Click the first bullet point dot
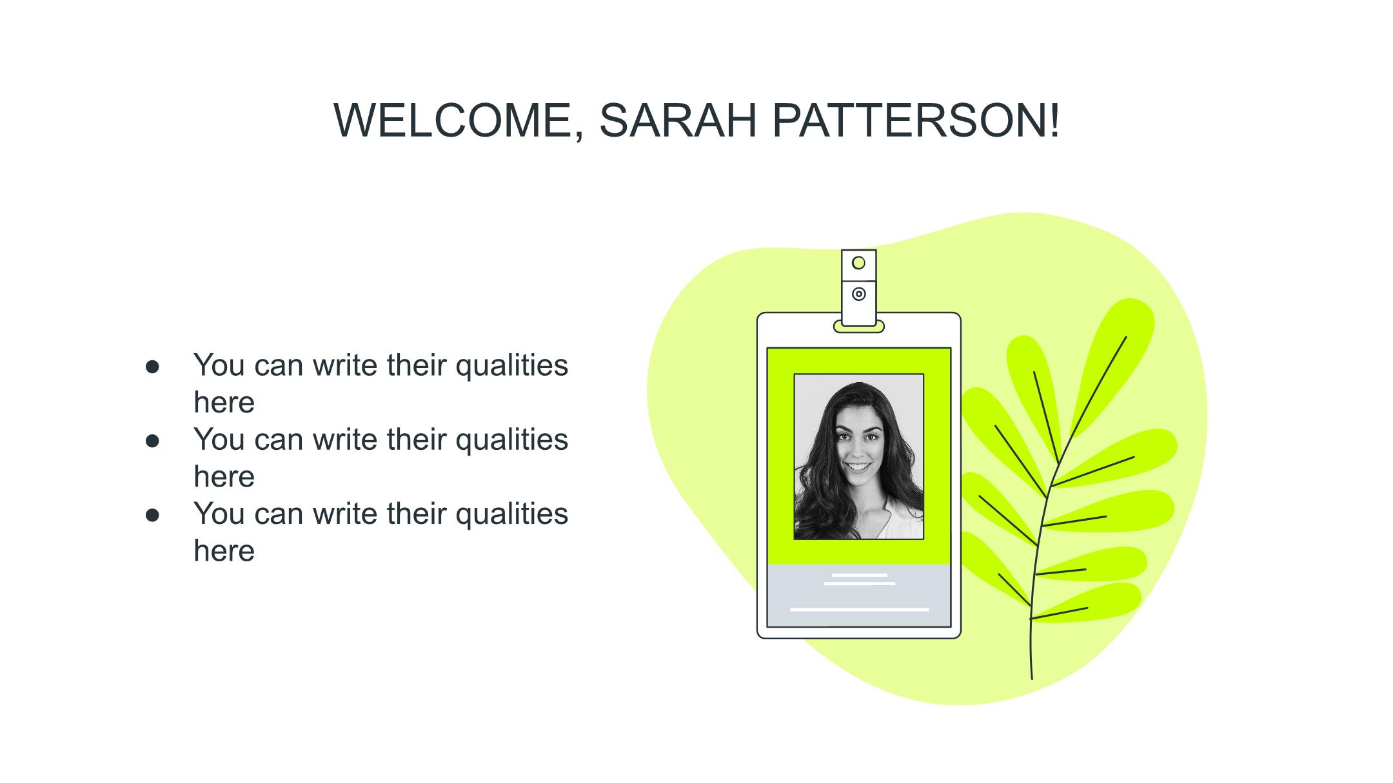click(152, 367)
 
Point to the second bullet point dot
click(152, 441)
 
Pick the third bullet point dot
click(152, 515)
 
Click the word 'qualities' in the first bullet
click(512, 366)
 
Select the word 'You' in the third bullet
click(219, 514)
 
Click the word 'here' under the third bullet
click(224, 551)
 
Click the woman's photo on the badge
click(859, 456)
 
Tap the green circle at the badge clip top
click(858, 263)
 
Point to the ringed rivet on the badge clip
click(859, 294)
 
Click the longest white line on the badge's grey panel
click(860, 609)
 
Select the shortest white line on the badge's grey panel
click(860, 575)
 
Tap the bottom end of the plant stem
click(1032, 679)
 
